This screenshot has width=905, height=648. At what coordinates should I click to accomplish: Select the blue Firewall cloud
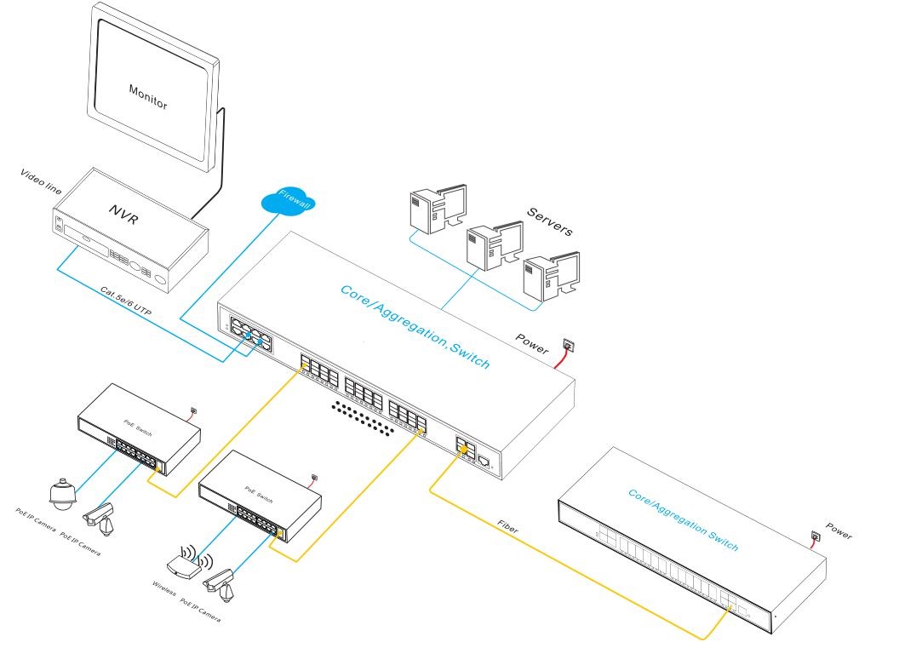[288, 202]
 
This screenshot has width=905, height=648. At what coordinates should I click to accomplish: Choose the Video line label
[41, 181]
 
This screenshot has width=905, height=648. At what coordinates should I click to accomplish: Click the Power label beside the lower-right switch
[838, 531]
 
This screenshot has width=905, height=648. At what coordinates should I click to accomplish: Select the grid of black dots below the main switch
[367, 416]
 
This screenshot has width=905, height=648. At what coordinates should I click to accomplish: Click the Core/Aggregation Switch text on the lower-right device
[682, 519]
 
